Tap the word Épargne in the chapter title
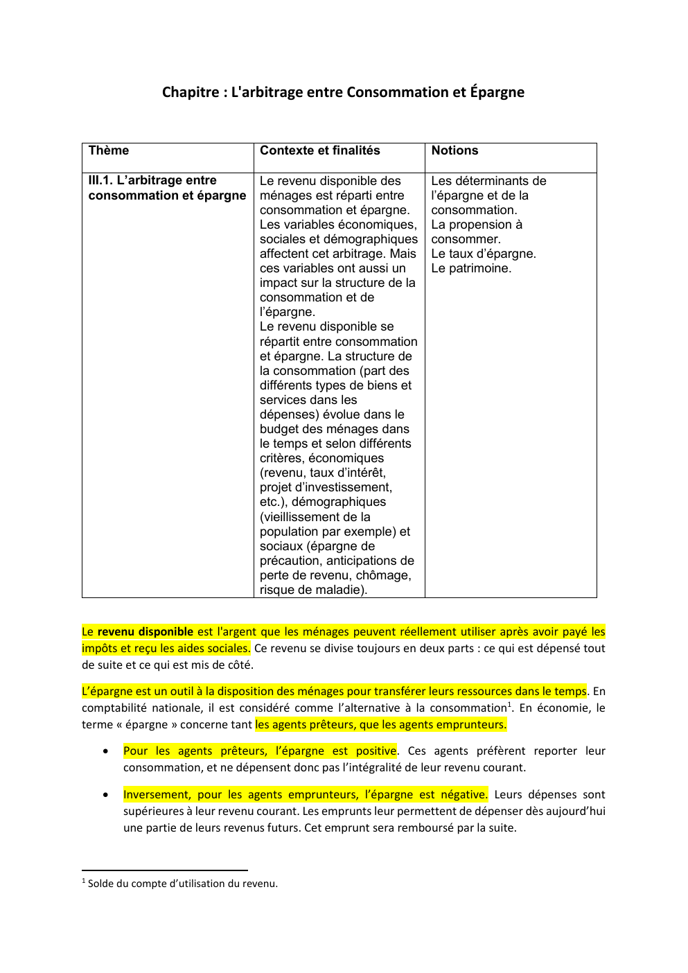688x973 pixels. tap(497, 92)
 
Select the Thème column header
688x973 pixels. tap(109, 151)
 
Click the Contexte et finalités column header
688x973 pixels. tap(319, 151)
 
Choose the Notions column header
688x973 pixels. tap(455, 151)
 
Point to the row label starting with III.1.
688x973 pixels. tap(167, 188)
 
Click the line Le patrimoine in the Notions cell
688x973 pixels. tap(471, 268)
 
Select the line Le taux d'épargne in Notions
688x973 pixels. tap(484, 254)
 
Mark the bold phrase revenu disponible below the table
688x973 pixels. tap(145, 631)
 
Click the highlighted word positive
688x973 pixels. tap(376, 751)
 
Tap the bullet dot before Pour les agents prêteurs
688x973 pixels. tap(105, 751)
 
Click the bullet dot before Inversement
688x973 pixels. tap(105, 795)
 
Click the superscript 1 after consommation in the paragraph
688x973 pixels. tap(509, 704)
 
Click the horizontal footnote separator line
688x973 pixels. tap(164, 870)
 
